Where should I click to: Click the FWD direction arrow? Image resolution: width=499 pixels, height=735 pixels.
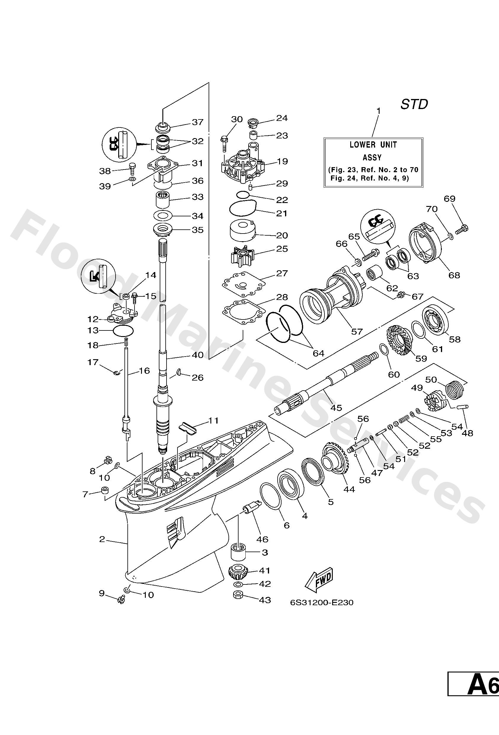tap(319, 581)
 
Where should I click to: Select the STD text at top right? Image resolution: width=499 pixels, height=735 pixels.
tap(414, 104)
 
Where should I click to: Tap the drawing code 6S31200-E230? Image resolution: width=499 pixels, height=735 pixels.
tap(322, 603)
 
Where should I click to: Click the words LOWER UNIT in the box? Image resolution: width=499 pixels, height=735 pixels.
tap(373, 145)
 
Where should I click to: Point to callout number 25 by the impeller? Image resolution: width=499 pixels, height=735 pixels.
tap(282, 249)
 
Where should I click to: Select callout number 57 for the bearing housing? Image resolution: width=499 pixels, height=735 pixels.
tap(357, 331)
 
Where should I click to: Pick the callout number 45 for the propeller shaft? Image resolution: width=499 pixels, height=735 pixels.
tap(336, 408)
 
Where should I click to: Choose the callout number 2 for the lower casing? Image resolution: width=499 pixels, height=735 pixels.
tap(102, 539)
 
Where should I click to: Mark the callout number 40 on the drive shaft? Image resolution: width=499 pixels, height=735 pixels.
tap(198, 355)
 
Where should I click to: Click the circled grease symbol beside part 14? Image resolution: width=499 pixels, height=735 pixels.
tap(97, 274)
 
